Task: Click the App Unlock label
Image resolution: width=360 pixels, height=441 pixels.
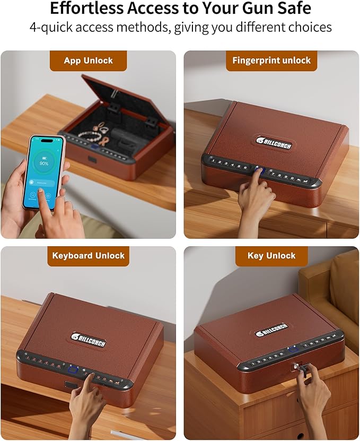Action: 88,60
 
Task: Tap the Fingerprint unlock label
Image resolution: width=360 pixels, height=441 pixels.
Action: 271,60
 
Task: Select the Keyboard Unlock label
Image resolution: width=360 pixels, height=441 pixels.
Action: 88,255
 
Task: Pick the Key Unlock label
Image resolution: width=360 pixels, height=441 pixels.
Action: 271,255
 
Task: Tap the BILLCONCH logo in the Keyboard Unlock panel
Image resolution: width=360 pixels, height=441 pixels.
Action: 88,340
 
